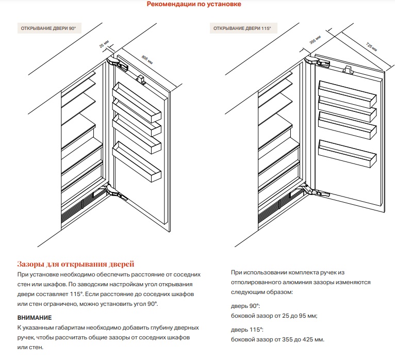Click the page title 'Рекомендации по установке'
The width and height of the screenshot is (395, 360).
(x=194, y=5)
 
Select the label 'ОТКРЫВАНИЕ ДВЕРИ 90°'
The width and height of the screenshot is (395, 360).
(x=51, y=28)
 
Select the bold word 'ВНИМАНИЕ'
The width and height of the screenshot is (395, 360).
(x=35, y=317)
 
